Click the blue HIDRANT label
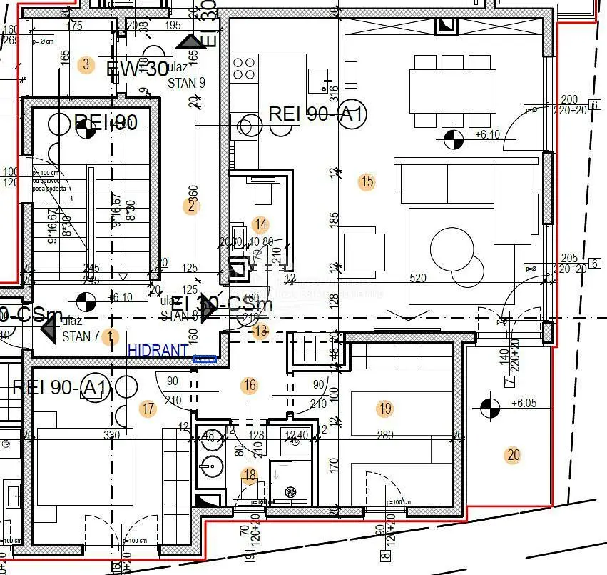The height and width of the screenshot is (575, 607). [158, 351]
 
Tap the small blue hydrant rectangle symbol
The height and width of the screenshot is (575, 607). [205, 359]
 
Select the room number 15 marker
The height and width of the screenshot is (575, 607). [367, 181]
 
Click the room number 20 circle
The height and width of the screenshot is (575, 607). [512, 456]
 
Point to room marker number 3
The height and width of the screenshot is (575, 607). [86, 65]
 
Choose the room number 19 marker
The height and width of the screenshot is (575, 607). [385, 409]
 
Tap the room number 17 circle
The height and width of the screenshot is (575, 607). [148, 409]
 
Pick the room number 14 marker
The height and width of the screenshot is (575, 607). [261, 225]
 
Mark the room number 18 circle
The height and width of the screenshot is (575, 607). [249, 476]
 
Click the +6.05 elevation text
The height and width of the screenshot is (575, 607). [524, 403]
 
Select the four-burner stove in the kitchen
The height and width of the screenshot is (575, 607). [244, 68]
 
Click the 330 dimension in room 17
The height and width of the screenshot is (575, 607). [112, 434]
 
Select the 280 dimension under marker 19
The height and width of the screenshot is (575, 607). [386, 435]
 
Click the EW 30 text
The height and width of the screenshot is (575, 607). [136, 69]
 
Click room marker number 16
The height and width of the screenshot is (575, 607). [249, 386]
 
